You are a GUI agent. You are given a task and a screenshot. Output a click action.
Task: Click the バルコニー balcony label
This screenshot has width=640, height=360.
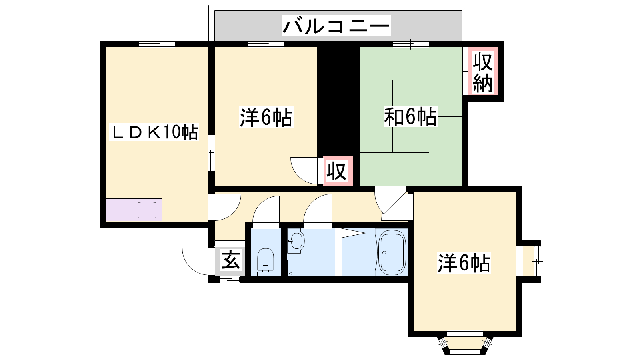click(336, 26)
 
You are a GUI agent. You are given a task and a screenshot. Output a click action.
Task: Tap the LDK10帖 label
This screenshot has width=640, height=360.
click(154, 132)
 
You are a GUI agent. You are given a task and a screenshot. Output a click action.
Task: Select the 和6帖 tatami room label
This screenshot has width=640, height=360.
click(410, 116)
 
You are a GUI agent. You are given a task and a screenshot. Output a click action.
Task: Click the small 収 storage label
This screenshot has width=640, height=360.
click(337, 171)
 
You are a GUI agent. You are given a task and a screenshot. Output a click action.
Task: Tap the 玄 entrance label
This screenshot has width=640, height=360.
click(230, 260)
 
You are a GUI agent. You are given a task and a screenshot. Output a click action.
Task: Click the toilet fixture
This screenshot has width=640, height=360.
click(266, 262)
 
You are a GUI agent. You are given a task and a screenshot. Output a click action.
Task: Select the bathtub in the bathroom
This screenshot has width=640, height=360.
click(392, 252)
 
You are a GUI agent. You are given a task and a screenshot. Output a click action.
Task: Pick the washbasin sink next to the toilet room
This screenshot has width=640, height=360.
click(296, 241)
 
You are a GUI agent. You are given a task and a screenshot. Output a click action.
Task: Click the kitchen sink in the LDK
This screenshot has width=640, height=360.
click(147, 210)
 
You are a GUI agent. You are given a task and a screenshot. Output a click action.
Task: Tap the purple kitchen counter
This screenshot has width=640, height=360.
click(134, 210)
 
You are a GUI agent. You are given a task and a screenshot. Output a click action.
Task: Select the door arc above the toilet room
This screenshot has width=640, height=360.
click(266, 212)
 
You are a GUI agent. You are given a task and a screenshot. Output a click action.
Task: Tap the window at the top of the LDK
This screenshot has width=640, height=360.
click(157, 44)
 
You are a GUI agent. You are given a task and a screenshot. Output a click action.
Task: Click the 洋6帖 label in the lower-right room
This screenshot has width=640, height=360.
click(464, 263)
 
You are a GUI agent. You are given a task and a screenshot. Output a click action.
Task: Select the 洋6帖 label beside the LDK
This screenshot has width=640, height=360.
click(266, 117)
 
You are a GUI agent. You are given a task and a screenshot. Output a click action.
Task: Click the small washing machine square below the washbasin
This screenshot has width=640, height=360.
click(296, 268)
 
